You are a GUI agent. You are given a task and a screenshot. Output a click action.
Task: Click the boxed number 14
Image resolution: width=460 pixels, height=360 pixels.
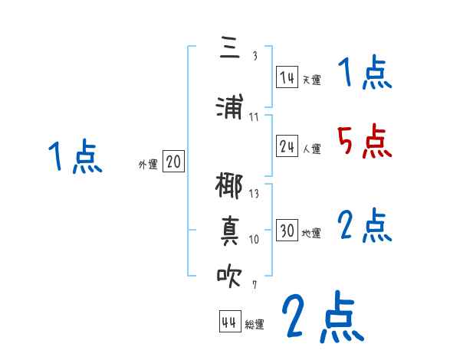click(x=287, y=77)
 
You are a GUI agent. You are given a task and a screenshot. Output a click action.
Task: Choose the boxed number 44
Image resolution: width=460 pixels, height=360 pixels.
click(x=228, y=322)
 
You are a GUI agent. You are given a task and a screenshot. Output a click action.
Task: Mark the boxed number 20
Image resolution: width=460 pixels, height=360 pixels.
click(x=173, y=162)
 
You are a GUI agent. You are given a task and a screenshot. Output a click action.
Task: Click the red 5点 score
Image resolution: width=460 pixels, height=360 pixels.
click(x=365, y=142)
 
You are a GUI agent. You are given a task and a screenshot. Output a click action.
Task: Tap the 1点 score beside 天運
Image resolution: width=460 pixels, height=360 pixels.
click(x=365, y=74)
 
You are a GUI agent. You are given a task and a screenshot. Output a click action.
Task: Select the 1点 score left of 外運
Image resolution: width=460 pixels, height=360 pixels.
click(x=74, y=158)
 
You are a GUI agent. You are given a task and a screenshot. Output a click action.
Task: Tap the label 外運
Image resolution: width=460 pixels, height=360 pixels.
click(x=147, y=164)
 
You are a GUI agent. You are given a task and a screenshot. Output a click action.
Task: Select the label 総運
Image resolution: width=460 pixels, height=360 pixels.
click(x=255, y=325)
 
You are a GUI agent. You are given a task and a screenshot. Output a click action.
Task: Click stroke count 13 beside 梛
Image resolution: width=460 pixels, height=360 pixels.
click(x=255, y=195)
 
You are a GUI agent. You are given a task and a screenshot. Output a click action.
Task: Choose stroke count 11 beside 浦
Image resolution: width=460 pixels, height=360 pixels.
click(x=255, y=117)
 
